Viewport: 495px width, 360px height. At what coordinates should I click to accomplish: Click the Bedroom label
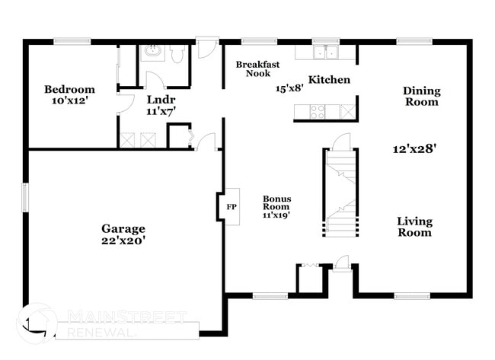click(69, 89)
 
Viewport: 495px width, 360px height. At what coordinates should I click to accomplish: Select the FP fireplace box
click(231, 206)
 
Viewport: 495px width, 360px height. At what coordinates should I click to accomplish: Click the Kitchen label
click(329, 80)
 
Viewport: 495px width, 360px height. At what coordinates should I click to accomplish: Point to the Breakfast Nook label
click(253, 69)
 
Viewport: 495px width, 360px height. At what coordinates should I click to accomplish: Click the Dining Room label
click(421, 96)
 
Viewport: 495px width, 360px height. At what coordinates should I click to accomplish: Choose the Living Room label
click(414, 227)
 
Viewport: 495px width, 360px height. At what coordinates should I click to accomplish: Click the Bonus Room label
click(276, 202)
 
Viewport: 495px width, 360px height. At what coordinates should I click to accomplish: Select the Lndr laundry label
click(161, 100)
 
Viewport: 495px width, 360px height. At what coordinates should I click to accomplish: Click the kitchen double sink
click(327, 52)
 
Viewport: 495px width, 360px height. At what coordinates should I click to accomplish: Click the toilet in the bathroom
click(177, 53)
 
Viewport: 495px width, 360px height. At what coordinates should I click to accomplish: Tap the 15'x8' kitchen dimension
click(289, 88)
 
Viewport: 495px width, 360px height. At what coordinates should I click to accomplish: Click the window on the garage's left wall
click(25, 197)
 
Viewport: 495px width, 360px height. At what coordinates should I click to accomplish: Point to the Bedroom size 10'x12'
click(69, 100)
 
